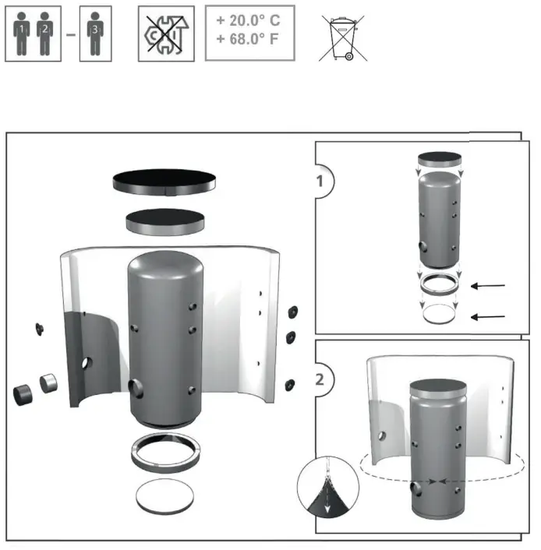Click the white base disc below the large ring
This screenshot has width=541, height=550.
tap(165, 495)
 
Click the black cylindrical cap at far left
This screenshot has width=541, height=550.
tap(22, 392)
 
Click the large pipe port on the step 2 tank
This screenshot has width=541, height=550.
tap(415, 488)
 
